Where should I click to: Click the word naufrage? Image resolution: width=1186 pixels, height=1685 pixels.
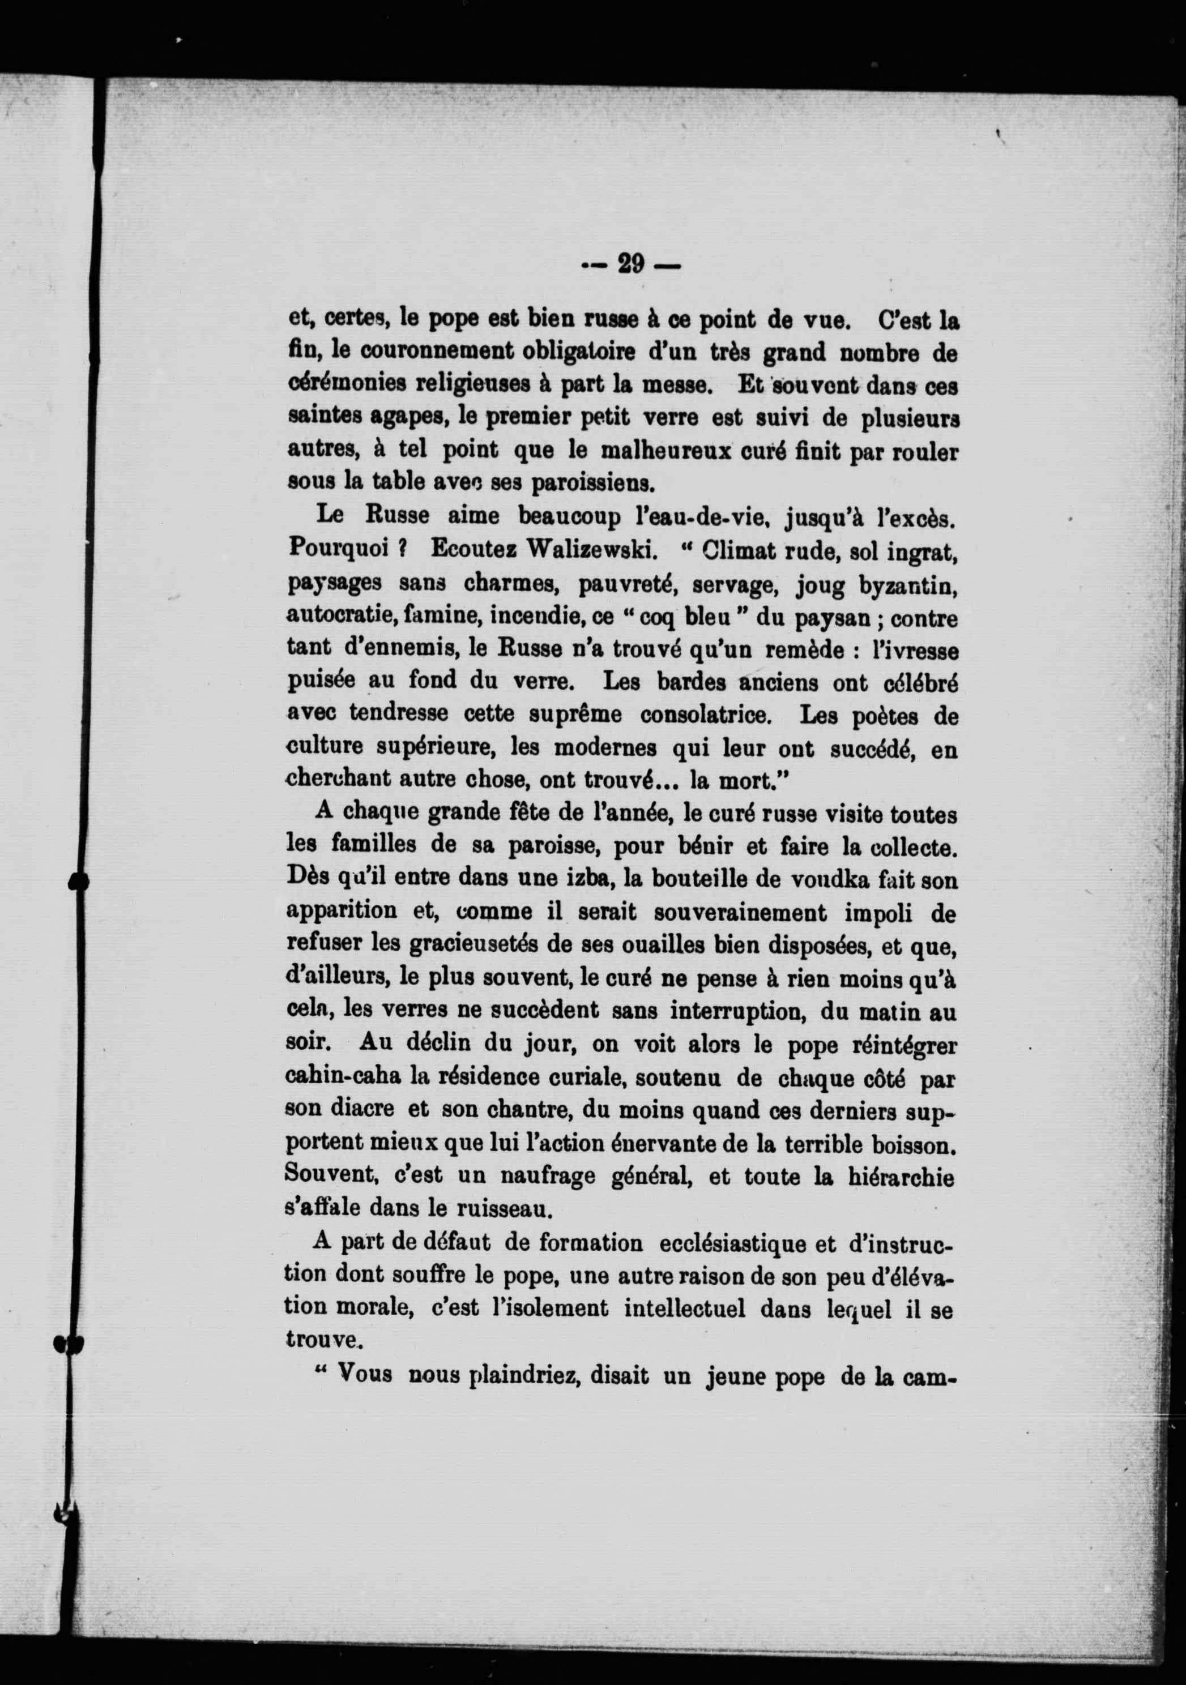(x=541, y=1175)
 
